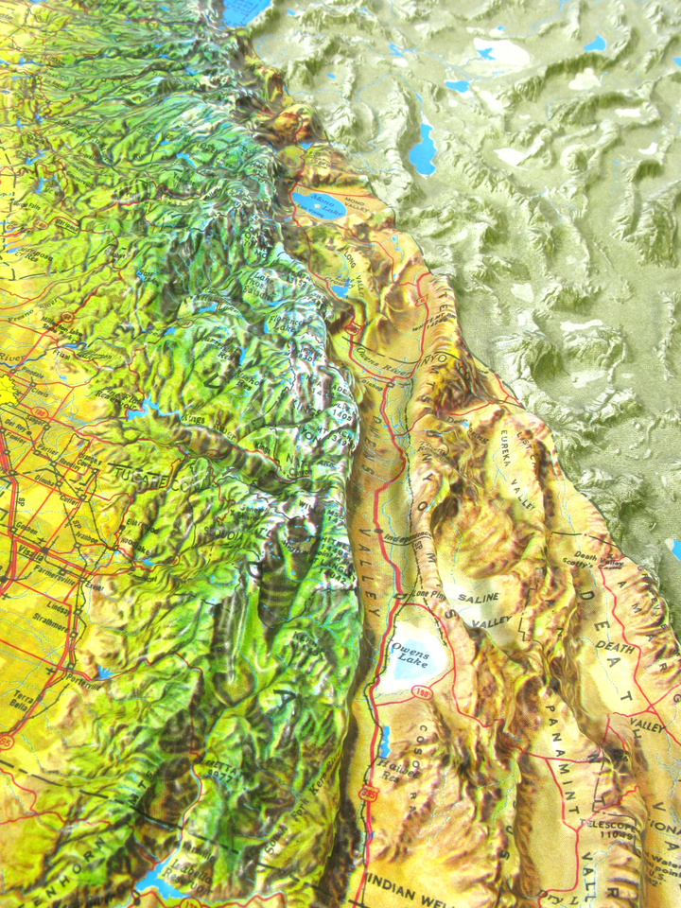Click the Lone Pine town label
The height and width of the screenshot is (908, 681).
406,596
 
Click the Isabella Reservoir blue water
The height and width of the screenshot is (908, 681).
151,882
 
